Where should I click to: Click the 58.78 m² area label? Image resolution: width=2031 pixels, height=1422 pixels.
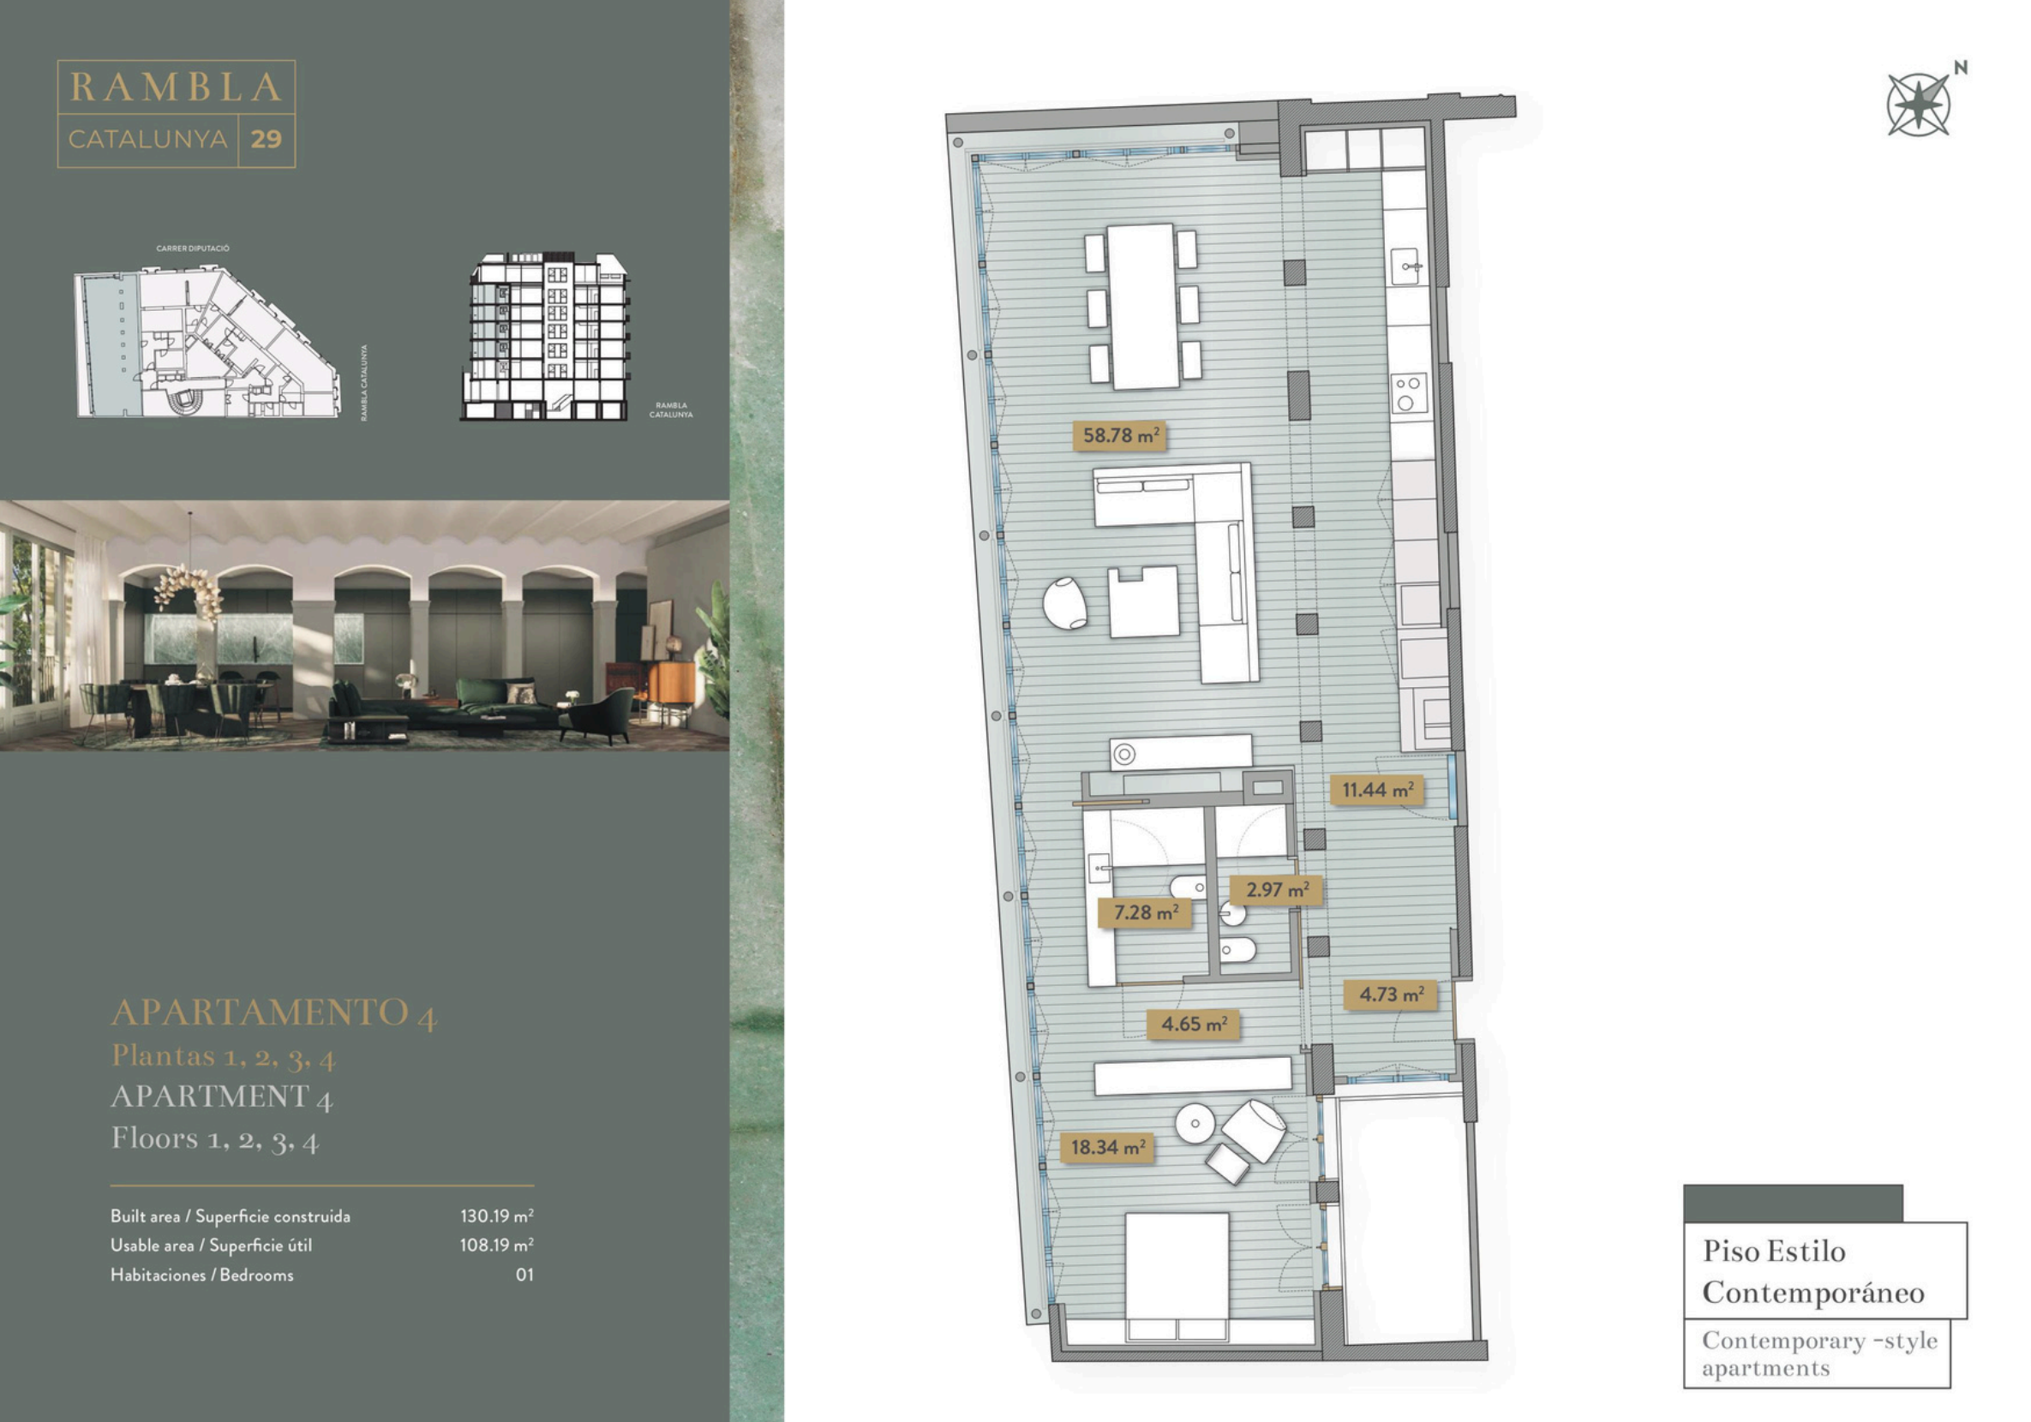tap(1120, 435)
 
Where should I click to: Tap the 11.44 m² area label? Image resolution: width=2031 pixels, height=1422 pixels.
tap(1377, 790)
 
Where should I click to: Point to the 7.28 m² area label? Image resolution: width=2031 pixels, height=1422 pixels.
tap(1145, 912)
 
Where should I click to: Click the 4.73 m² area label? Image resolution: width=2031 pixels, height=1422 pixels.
tap(1391, 995)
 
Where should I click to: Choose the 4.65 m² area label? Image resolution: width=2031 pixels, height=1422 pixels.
tap(1193, 1024)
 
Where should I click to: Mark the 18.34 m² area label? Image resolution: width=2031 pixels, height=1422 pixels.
tap(1106, 1147)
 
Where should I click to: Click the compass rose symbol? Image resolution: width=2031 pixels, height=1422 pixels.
tap(1918, 105)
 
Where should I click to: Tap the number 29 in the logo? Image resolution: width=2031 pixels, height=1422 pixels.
tap(267, 139)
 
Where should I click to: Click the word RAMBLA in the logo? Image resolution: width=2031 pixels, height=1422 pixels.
tap(176, 87)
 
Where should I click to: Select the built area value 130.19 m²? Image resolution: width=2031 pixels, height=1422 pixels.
tap(496, 1216)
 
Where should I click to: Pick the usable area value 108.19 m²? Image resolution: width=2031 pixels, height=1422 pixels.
tap(496, 1246)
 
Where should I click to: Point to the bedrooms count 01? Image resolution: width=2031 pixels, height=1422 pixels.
tap(524, 1275)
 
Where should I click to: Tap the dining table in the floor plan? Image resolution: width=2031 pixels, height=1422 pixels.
tap(1143, 306)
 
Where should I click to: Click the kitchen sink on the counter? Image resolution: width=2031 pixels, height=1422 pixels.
tap(1406, 267)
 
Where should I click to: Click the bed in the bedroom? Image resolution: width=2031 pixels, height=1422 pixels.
tap(1177, 1277)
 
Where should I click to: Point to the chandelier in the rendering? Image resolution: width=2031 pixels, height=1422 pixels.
tap(189, 587)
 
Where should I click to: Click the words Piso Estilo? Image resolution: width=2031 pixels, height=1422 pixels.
tap(1774, 1251)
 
